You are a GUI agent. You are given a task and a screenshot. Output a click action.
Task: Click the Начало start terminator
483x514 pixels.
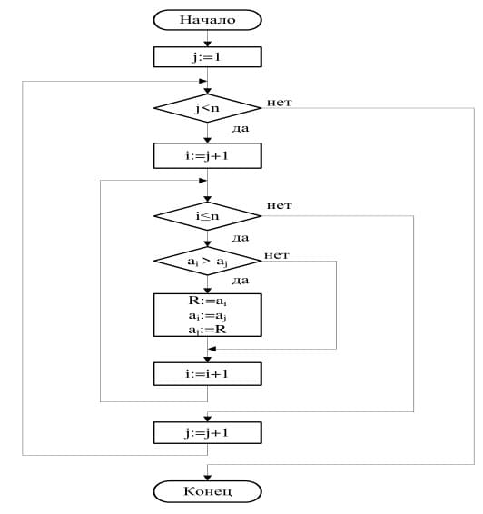[207, 20]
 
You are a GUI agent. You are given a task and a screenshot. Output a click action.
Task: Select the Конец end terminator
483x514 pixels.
[207, 491]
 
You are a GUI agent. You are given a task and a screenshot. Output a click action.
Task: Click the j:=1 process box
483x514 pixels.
[207, 57]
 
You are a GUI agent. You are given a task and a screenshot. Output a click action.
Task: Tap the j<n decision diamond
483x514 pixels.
[207, 108]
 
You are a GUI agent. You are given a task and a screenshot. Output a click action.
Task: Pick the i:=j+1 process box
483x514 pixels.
[207, 155]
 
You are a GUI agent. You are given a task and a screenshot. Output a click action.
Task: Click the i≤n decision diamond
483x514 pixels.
[207, 216]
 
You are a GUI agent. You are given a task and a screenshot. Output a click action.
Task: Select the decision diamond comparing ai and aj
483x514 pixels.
[207, 261]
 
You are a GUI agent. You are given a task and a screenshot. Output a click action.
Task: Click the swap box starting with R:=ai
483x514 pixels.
[207, 315]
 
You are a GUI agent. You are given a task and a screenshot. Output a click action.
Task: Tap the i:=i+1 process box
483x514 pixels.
[207, 374]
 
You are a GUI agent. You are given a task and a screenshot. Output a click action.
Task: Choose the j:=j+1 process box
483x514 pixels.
[207, 432]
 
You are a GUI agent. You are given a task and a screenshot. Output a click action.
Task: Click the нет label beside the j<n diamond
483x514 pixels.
[279, 103]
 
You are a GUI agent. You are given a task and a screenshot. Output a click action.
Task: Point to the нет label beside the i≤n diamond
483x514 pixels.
[279, 205]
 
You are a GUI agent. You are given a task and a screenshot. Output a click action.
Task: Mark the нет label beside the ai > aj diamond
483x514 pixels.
[277, 255]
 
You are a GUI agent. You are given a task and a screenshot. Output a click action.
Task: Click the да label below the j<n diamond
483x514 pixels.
[241, 128]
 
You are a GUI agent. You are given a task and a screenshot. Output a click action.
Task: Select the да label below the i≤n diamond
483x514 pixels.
[241, 238]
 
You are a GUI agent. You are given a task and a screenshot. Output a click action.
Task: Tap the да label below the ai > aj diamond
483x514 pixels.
[241, 281]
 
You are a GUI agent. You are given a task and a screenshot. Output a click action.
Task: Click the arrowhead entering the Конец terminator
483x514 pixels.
[207, 478]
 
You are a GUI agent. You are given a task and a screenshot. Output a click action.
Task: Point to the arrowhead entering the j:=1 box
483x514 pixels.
[207, 44]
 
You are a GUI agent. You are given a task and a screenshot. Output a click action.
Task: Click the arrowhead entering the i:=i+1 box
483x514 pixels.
[207, 360]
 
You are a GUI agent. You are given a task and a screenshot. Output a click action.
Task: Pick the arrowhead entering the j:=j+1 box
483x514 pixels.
[207, 419]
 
